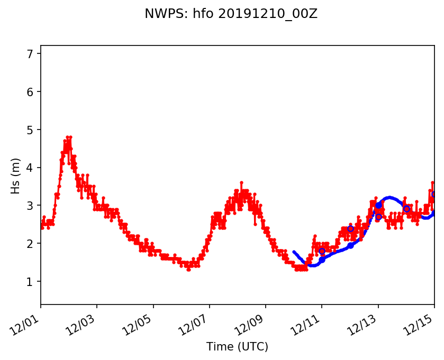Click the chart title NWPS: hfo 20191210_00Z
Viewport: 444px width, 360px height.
(x=231, y=14)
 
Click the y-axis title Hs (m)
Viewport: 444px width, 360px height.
(x=16, y=176)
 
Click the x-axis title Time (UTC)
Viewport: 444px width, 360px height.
(x=237, y=347)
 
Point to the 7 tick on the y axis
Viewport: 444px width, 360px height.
(x=30, y=54)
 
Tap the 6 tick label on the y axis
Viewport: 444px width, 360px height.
(x=30, y=92)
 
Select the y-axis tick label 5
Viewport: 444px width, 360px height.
(x=30, y=130)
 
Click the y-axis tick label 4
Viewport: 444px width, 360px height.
(x=30, y=168)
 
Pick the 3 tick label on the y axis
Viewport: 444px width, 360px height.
(x=30, y=206)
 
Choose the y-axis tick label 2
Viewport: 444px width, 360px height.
(x=30, y=244)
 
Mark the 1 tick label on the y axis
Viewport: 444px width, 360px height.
(x=30, y=282)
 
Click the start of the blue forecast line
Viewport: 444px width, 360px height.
(x=294, y=252)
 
